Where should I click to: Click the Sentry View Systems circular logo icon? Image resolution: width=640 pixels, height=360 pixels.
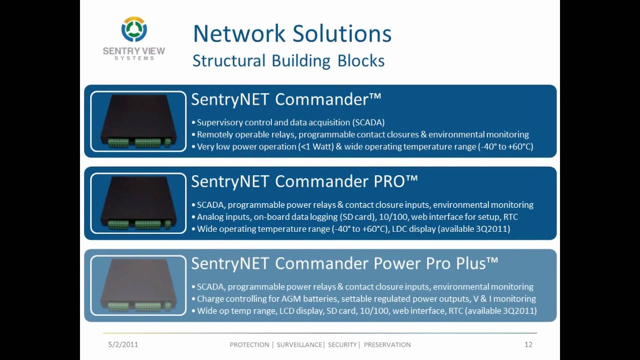pyautogui.click(x=134, y=30)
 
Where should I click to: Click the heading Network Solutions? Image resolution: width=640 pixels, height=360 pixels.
pyautogui.click(x=292, y=33)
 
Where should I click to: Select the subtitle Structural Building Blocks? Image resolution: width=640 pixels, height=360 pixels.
pyautogui.click(x=288, y=61)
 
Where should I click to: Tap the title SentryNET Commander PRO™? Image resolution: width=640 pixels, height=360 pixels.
pyautogui.click(x=304, y=181)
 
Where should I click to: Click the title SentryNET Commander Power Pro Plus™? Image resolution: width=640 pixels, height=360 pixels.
pyautogui.click(x=344, y=263)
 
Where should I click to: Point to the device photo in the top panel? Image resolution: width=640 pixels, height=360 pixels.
pyautogui.click(x=138, y=121)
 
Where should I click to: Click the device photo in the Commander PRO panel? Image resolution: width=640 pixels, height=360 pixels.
pyautogui.click(x=138, y=203)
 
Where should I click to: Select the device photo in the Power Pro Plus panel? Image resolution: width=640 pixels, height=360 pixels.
pyautogui.click(x=138, y=285)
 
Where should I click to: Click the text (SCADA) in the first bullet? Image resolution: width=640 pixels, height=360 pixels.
pyautogui.click(x=368, y=122)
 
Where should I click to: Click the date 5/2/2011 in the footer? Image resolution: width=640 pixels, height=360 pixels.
pyautogui.click(x=123, y=344)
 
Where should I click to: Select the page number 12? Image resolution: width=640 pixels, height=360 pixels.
pyautogui.click(x=528, y=344)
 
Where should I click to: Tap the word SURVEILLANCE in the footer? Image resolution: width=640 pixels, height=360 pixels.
pyautogui.click(x=299, y=344)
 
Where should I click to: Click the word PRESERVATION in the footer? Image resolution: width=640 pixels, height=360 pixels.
pyautogui.click(x=387, y=344)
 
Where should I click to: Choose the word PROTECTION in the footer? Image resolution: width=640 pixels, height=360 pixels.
pyautogui.click(x=249, y=344)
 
